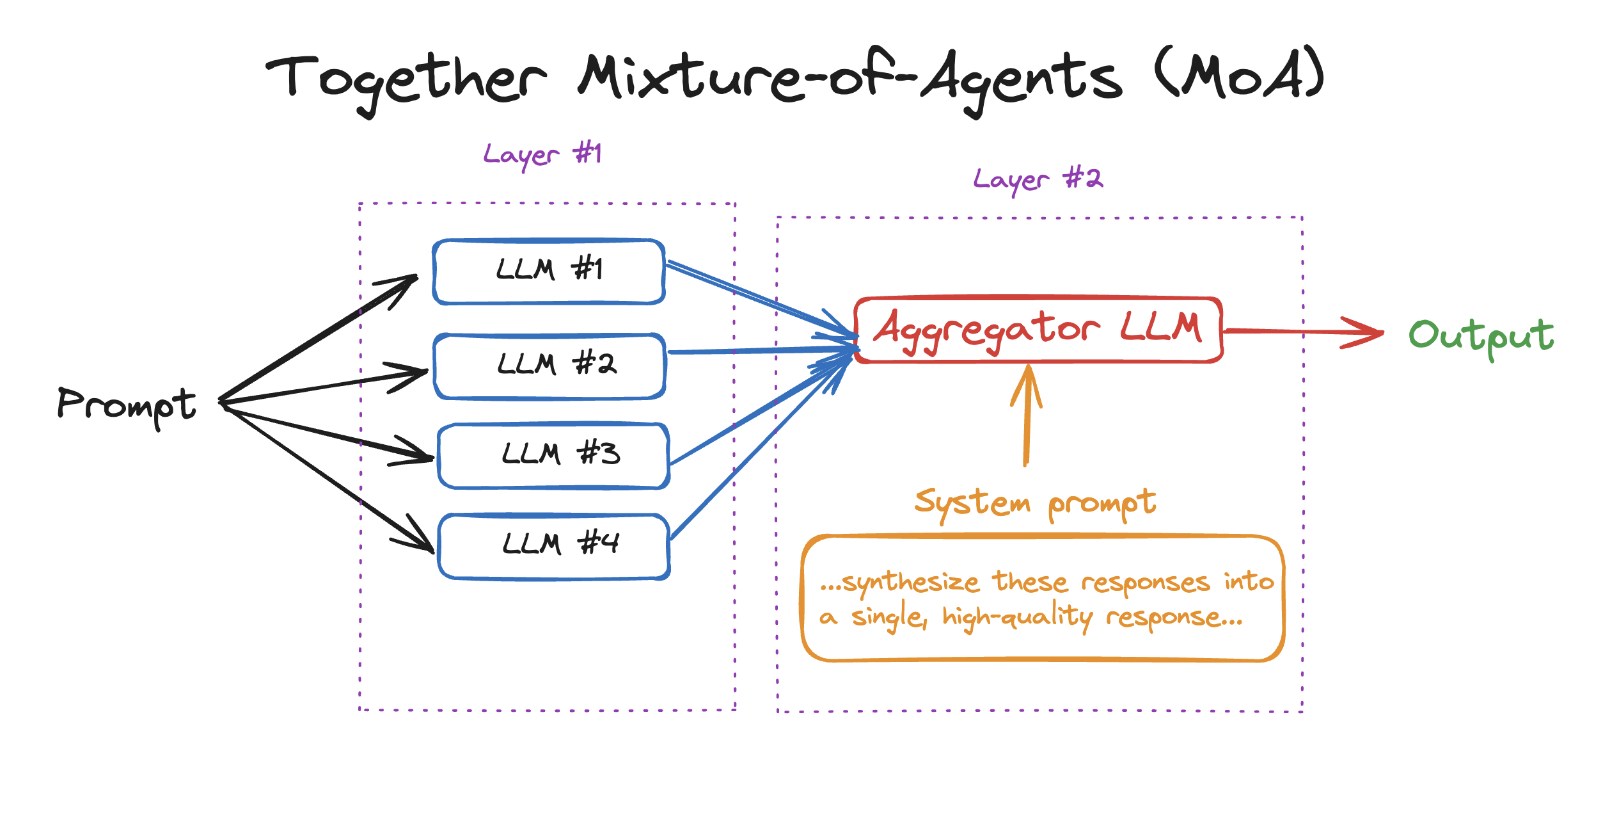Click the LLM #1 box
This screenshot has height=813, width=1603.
[549, 271]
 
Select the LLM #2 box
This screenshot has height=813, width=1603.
[550, 366]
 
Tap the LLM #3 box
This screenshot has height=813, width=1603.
[554, 456]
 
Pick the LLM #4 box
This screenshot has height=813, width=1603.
[554, 546]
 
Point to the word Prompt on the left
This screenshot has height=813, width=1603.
[127, 406]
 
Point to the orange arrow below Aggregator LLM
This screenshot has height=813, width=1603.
[1027, 416]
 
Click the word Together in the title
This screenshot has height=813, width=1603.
[407, 80]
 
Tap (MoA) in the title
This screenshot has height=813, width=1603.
[1238, 74]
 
